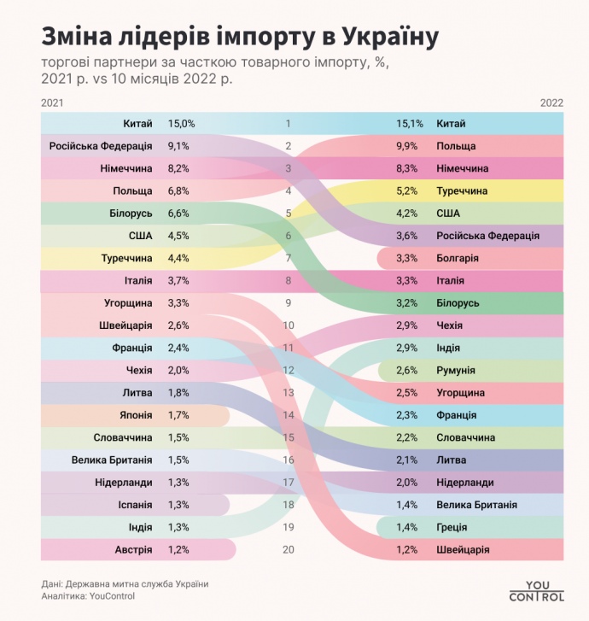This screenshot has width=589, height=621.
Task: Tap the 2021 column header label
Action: pyautogui.click(x=51, y=103)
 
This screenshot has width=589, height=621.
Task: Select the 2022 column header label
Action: pyautogui.click(x=551, y=103)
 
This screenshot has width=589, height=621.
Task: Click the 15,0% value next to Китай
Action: pyautogui.click(x=181, y=124)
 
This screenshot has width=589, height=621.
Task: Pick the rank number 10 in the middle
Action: pyautogui.click(x=288, y=325)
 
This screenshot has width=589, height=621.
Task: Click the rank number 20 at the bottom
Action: pyautogui.click(x=288, y=549)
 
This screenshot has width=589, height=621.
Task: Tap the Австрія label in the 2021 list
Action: pyautogui.click(x=133, y=549)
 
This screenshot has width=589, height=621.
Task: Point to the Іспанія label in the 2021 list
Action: pyautogui.click(x=134, y=505)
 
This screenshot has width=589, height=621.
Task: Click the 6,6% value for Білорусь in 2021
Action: pyautogui.click(x=179, y=214)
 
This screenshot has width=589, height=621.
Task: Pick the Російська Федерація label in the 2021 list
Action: pyautogui.click(x=101, y=146)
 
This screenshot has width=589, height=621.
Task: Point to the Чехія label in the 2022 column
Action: pyautogui.click(x=452, y=325)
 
